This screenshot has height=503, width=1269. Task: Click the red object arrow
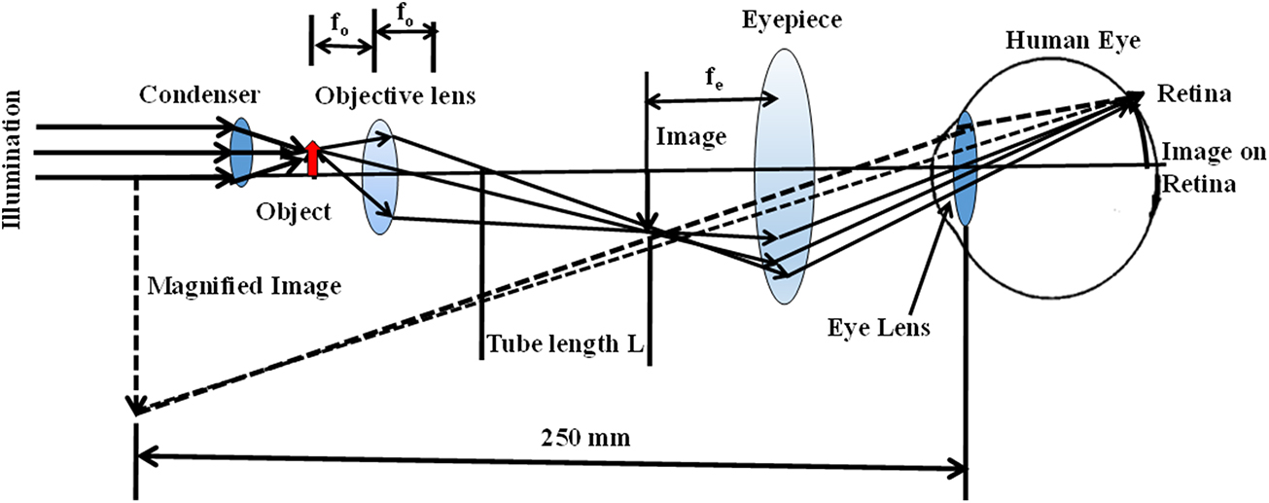click(x=312, y=160)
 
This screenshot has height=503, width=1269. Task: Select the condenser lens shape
click(x=240, y=152)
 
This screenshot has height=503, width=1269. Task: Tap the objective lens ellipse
click(x=378, y=176)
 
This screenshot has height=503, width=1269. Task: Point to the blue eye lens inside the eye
click(x=965, y=168)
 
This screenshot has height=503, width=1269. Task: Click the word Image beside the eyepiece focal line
click(x=691, y=138)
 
